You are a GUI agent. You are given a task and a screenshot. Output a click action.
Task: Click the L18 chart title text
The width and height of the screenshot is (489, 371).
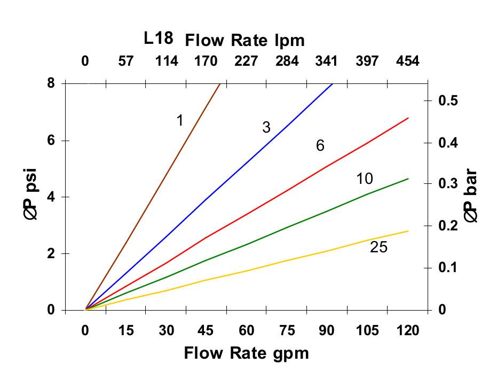(159, 38)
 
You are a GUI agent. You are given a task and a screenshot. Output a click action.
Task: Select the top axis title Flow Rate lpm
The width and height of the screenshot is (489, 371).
(244, 40)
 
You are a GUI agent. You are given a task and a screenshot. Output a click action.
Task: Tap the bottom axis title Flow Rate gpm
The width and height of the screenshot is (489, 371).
(246, 353)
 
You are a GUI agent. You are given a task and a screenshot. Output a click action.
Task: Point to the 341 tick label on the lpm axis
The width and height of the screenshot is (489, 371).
(326, 60)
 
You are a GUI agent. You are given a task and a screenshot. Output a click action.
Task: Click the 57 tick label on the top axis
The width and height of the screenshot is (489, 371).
(125, 60)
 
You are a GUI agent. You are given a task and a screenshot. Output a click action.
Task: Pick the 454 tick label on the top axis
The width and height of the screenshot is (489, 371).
(407, 60)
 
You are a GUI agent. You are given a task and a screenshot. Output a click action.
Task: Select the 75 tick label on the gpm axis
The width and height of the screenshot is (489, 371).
(287, 331)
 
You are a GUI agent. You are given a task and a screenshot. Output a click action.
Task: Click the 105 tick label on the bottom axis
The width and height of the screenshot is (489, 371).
(367, 331)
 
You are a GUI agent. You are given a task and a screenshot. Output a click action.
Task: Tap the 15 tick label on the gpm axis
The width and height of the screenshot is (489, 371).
(125, 331)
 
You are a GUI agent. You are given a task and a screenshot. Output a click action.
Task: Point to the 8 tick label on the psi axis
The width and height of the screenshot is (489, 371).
(51, 83)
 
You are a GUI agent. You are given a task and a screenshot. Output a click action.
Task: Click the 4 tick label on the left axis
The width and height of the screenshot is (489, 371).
(51, 197)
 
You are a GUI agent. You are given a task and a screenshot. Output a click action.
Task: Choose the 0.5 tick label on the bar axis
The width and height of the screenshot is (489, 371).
(449, 101)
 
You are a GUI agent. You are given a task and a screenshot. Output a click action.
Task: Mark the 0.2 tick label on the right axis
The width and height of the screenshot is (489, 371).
(449, 226)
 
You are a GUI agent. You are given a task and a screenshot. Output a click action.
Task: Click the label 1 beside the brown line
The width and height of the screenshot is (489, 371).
(180, 121)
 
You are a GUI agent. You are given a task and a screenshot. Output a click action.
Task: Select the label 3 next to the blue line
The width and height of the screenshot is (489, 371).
(266, 127)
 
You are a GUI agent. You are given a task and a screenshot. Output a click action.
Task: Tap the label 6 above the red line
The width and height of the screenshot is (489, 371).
(320, 145)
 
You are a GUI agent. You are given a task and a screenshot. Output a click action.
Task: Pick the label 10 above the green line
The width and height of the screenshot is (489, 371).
(365, 179)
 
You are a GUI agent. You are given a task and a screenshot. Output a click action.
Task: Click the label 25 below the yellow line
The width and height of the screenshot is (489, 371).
(378, 247)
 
